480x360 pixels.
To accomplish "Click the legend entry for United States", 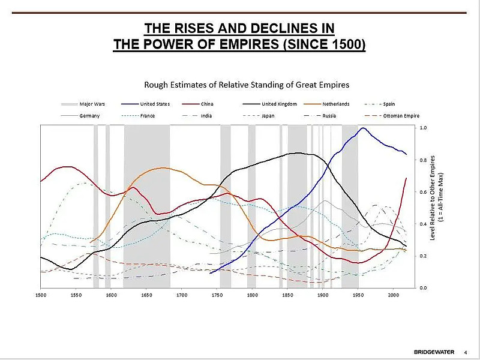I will click(x=155, y=104).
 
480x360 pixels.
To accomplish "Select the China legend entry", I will click(x=208, y=104).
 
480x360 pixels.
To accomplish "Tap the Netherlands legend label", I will click(x=335, y=104).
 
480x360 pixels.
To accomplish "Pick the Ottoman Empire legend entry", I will click(x=401, y=115).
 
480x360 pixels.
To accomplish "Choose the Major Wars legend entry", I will click(x=92, y=104).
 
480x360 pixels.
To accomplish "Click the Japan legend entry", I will click(x=268, y=115).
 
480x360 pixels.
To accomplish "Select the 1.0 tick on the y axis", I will click(x=424, y=128).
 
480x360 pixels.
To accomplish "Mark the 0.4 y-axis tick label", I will click(x=424, y=224).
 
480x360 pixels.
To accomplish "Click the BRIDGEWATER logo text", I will click(x=434, y=351).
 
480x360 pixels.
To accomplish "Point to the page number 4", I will click(x=466, y=351).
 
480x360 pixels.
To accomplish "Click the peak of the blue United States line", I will click(x=362, y=128).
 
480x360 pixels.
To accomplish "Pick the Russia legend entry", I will click(x=329, y=115).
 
